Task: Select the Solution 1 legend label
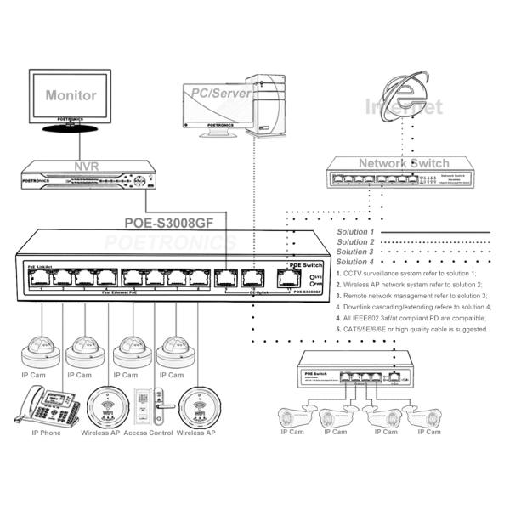(x=355, y=231)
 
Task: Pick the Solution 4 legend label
(x=355, y=262)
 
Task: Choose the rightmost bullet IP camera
(x=429, y=416)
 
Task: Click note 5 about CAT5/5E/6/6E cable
(x=411, y=328)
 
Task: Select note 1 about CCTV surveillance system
(x=408, y=274)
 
